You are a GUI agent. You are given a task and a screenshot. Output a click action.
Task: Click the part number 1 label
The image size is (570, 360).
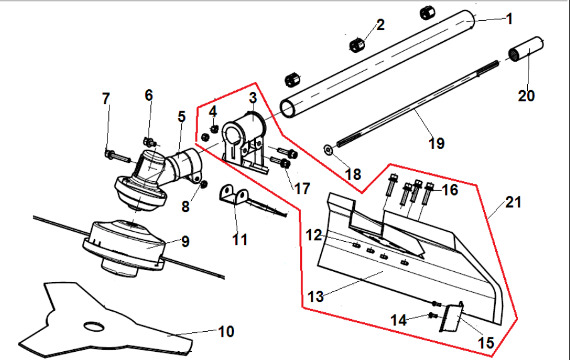tap(509, 19)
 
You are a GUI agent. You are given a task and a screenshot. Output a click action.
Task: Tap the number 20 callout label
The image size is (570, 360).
tap(526, 96)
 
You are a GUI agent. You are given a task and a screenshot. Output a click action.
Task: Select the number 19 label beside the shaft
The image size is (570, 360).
tap(436, 143)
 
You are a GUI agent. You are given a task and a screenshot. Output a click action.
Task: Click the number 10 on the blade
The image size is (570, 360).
tap(226, 331)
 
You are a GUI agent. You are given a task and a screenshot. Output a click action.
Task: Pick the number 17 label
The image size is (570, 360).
tap(302, 188)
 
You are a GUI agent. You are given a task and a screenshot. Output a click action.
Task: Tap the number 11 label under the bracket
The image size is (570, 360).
tap(240, 239)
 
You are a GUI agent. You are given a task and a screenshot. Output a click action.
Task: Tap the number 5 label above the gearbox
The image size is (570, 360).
tap(182, 116)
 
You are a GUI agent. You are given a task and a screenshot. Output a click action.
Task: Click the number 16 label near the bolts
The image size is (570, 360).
tap(450, 189)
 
